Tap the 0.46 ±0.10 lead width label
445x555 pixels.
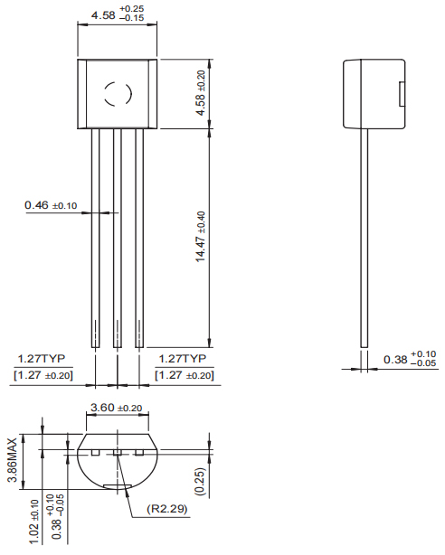(51, 205)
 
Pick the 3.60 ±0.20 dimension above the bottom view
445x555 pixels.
(118, 408)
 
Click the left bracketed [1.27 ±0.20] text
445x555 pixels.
(43, 374)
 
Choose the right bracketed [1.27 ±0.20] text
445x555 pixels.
(185, 374)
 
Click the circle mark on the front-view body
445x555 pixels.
(118, 93)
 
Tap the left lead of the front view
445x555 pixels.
(96, 235)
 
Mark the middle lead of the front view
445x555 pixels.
(118, 235)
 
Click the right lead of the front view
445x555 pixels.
(138, 235)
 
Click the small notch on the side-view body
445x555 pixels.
(402, 94)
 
